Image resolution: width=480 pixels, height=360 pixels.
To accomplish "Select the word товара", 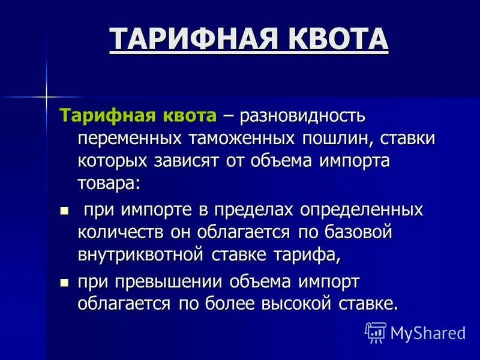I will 108,184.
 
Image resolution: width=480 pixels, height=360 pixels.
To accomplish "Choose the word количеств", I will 121,233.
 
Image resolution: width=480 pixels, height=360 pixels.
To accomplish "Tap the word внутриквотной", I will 142,255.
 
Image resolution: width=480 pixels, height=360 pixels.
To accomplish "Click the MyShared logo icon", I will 376,331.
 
